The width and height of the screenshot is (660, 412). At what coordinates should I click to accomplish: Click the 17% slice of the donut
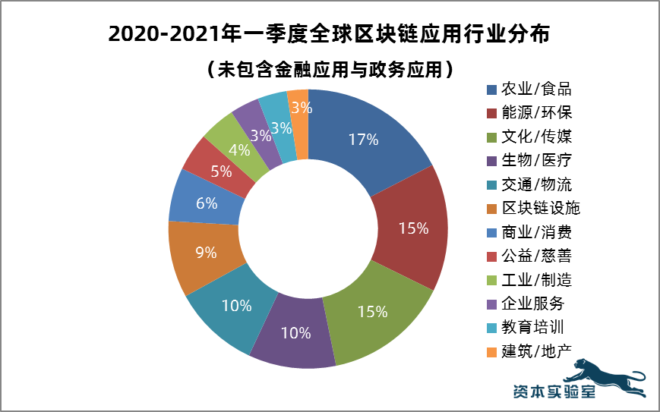click(x=363, y=140)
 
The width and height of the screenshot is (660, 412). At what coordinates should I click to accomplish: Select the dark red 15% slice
click(x=413, y=228)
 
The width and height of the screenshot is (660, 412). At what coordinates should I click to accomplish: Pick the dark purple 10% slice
click(x=295, y=332)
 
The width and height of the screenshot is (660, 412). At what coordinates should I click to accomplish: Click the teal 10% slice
click(x=236, y=306)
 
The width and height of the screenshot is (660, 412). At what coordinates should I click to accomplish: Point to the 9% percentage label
click(x=206, y=253)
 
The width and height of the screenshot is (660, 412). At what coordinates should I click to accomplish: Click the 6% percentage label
click(x=207, y=203)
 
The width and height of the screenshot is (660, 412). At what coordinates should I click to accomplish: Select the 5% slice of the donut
click(x=221, y=171)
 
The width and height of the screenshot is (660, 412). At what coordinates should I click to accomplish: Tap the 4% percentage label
click(x=239, y=150)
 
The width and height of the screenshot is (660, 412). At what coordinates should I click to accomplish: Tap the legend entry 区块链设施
click(x=536, y=208)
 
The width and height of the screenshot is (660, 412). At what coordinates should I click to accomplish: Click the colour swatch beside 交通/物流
click(x=491, y=184)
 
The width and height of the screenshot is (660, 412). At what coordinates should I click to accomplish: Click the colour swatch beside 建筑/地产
click(x=491, y=351)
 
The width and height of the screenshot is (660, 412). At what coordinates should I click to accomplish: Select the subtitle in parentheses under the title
click(x=330, y=70)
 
